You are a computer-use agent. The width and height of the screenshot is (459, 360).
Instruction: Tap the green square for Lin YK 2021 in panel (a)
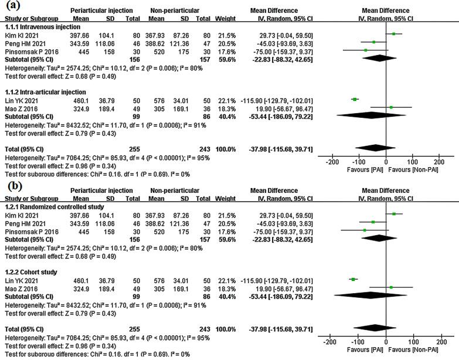point(355,99)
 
